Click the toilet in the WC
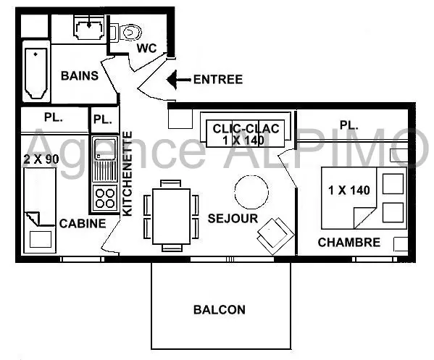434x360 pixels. tap(127, 33)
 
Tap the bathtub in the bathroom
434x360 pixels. tap(36, 73)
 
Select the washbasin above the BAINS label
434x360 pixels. tap(89, 28)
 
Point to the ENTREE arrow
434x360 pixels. tap(178, 80)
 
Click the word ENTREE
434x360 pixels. tap(218, 80)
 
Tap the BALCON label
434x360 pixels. tap(220, 309)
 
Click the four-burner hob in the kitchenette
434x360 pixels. tap(104, 198)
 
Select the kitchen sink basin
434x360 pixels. tap(104, 150)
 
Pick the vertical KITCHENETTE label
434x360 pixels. tap(128, 174)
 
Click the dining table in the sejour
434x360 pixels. tap(171, 216)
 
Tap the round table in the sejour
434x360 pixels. tap(251, 192)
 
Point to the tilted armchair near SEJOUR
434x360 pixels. tap(275, 235)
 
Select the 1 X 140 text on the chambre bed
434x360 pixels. tap(349, 191)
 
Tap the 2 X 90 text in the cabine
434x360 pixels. tap(41, 159)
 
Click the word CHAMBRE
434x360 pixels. tap(349, 243)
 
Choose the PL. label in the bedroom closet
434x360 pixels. tap(349, 125)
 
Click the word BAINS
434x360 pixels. tap(80, 75)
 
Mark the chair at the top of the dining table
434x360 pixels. tap(171, 183)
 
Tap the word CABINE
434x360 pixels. tap(83, 224)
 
